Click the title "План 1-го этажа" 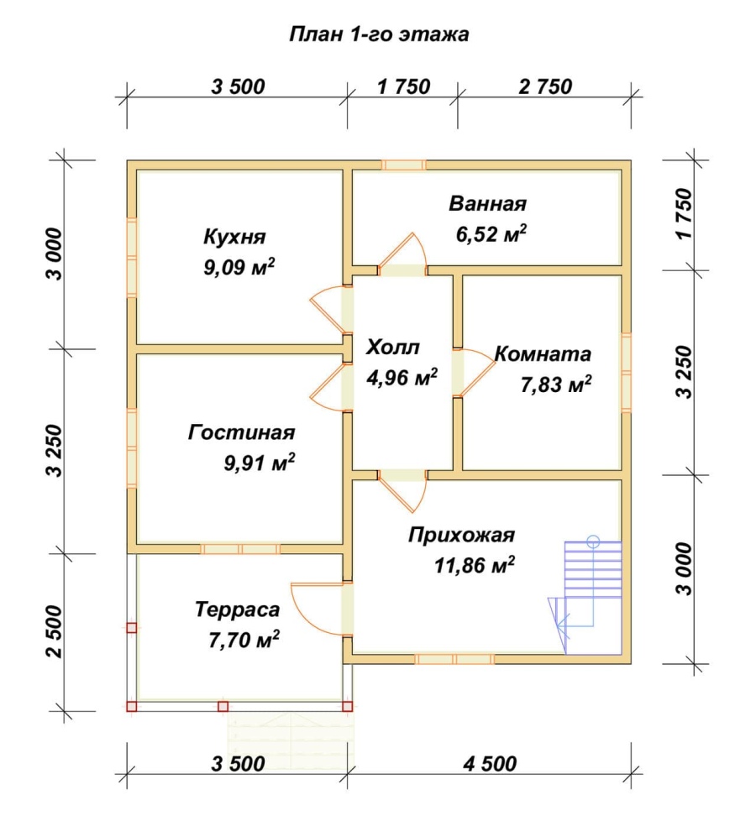pos(379,34)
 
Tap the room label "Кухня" pos(234,237)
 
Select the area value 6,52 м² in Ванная pos(491,233)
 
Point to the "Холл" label pos(392,348)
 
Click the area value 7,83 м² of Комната pos(556,384)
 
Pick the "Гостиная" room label pos(241,432)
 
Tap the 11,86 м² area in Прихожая pos(475,565)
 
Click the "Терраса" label pos(237,609)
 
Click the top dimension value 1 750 pos(403,86)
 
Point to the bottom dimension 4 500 pos(490,763)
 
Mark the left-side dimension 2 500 pos(55,631)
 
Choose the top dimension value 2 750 pos(545,86)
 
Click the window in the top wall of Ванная pos(404,165)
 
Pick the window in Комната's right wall pos(626,372)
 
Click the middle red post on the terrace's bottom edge pos(223,706)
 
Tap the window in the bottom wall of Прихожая pos(454,659)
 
